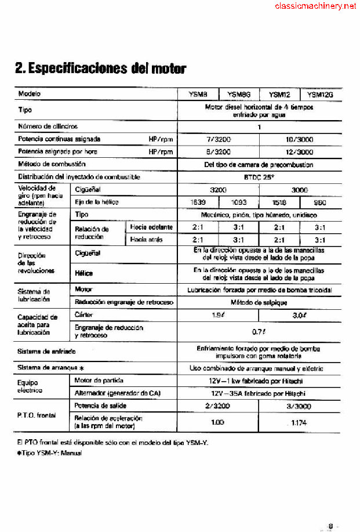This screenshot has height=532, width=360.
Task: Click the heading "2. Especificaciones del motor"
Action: (x=101, y=68)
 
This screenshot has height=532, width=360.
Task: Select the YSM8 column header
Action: (x=198, y=95)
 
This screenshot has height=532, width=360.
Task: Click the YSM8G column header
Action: (x=238, y=95)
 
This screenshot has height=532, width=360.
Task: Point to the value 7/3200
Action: (x=218, y=139)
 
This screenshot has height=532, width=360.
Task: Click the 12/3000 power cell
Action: (x=300, y=152)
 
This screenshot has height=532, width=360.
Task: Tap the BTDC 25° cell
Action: (x=259, y=178)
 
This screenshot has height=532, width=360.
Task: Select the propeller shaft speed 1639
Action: (x=198, y=202)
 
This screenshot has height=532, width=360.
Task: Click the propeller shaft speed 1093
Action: (x=238, y=202)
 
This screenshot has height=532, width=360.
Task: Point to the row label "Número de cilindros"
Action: (x=48, y=126)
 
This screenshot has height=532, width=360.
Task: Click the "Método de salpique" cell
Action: (x=259, y=302)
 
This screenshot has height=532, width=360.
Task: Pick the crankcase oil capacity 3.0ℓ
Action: (x=300, y=314)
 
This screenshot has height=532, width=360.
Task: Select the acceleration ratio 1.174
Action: (x=300, y=422)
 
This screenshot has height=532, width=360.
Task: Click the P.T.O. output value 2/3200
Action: (x=218, y=406)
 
